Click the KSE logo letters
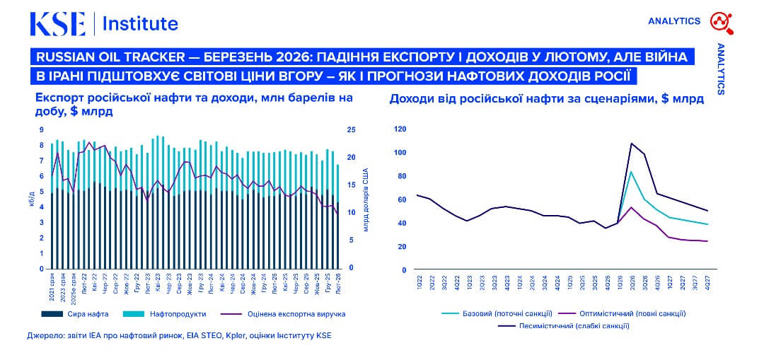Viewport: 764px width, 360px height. pos(57,23)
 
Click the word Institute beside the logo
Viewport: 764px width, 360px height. pos(140,23)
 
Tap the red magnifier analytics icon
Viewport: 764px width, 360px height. pos(722,22)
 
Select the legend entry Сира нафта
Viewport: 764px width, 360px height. pos(88,313)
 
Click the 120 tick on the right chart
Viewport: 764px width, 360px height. pos(400,129)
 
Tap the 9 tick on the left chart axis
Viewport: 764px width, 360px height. pos(41,129)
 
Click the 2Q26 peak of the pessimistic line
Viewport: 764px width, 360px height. pos(631,144)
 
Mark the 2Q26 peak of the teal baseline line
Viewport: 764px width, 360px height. pos(631,172)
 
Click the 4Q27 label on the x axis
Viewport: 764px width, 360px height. pos(707,281)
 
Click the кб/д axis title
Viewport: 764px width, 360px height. pos(30,201)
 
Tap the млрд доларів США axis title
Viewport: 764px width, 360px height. pos(366,201)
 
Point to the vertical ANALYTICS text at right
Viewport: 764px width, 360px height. pos(721,69)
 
